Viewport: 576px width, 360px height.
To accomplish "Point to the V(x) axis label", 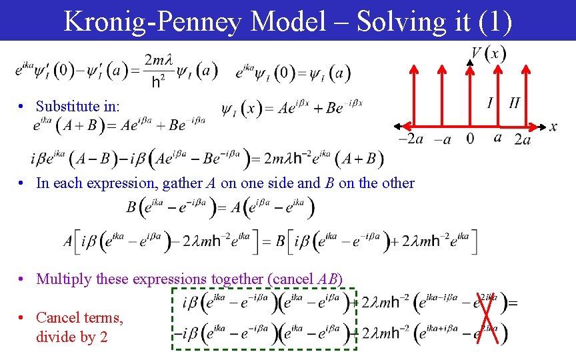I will pos(488,53).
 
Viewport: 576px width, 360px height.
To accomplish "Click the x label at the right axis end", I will pos(553,127).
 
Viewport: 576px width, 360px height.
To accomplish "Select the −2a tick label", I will pos(410,139).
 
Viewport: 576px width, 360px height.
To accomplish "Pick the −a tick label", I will pos(442,139).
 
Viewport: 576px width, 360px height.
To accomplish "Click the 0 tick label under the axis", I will pos(470,139).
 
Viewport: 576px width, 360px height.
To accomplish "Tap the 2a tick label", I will pos(523,139).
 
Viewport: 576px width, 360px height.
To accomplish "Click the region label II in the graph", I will pos(514,103).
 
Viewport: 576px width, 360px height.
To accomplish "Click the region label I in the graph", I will pos(490,103).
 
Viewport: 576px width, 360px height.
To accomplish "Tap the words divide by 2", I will pos(71,337).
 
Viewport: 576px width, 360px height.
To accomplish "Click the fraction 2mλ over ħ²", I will pos(159,71).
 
